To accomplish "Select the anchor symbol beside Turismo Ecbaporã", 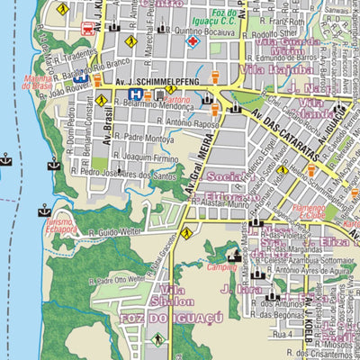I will coord(43,211).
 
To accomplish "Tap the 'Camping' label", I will coord(222,267).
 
